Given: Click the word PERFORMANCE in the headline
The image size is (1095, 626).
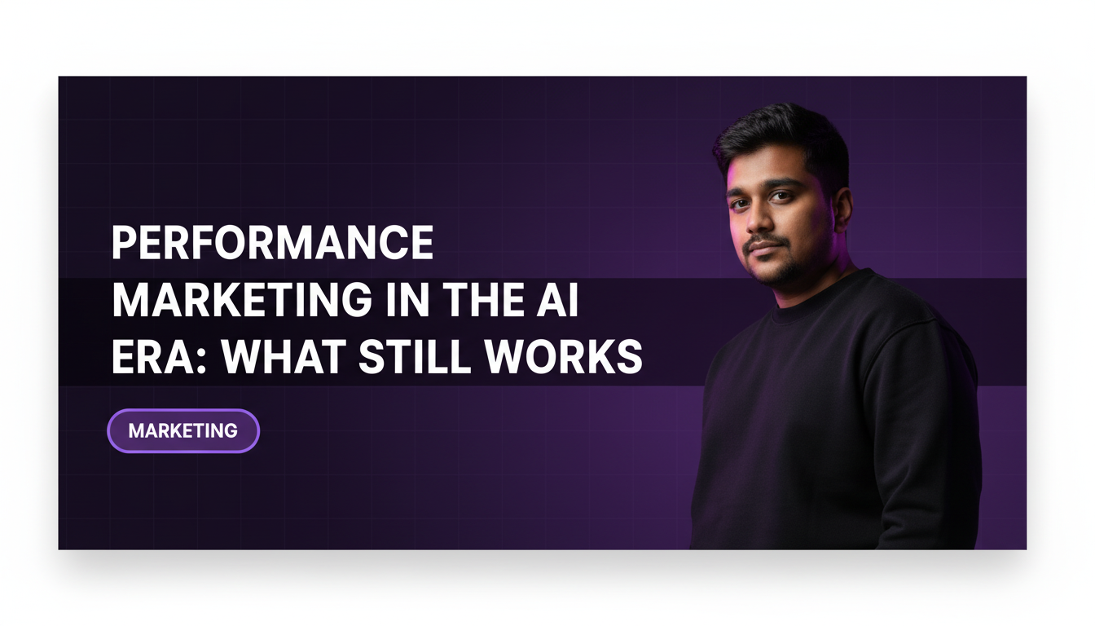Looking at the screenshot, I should click(x=272, y=243).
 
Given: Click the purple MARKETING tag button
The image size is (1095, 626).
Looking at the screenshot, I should click(x=183, y=430).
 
